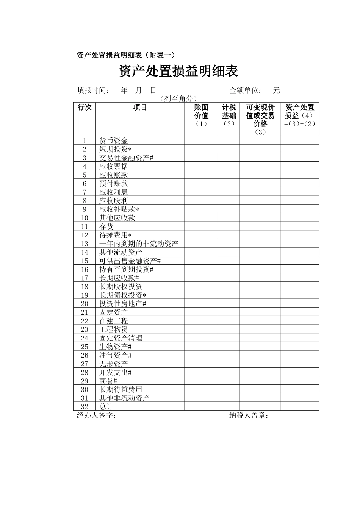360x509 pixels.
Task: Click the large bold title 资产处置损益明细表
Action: tap(178, 71)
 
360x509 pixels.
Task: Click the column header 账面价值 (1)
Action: tap(201, 116)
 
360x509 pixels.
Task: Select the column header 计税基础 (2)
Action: tap(229, 116)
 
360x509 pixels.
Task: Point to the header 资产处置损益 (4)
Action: tap(300, 116)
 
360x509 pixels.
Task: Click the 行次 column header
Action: tap(85, 108)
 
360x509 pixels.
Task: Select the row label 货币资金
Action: tap(114, 141)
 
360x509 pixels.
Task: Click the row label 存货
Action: tap(106, 226)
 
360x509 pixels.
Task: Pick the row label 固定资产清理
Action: tap(121, 338)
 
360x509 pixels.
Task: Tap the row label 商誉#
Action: tap(108, 381)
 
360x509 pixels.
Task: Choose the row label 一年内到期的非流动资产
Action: tap(139, 244)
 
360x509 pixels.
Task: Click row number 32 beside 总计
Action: tap(85, 407)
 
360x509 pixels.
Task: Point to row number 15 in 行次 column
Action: tap(85, 261)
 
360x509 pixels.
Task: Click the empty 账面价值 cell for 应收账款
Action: tap(201, 175)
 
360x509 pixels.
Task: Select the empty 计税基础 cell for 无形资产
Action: tap(229, 364)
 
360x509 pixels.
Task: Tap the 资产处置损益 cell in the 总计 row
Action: tap(300, 407)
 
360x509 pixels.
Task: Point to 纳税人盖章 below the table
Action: tap(249, 416)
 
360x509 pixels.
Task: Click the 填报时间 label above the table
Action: tap(94, 91)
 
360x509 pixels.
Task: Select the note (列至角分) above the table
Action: tap(178, 99)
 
